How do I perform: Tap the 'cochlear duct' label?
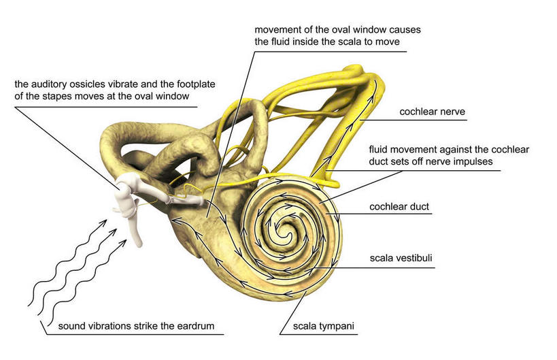click(x=399, y=207)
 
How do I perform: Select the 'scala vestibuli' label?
click(x=401, y=259)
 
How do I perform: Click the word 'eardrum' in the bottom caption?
click(x=197, y=327)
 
